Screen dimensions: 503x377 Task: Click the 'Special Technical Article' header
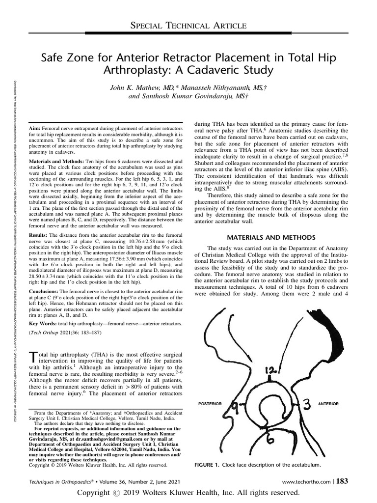[188, 25]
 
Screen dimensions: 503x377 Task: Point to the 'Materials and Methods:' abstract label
[57, 161]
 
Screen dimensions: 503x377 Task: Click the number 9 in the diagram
[234, 406]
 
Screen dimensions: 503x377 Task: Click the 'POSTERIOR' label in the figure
[210, 404]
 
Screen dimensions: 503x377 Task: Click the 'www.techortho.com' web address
[306, 482]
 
